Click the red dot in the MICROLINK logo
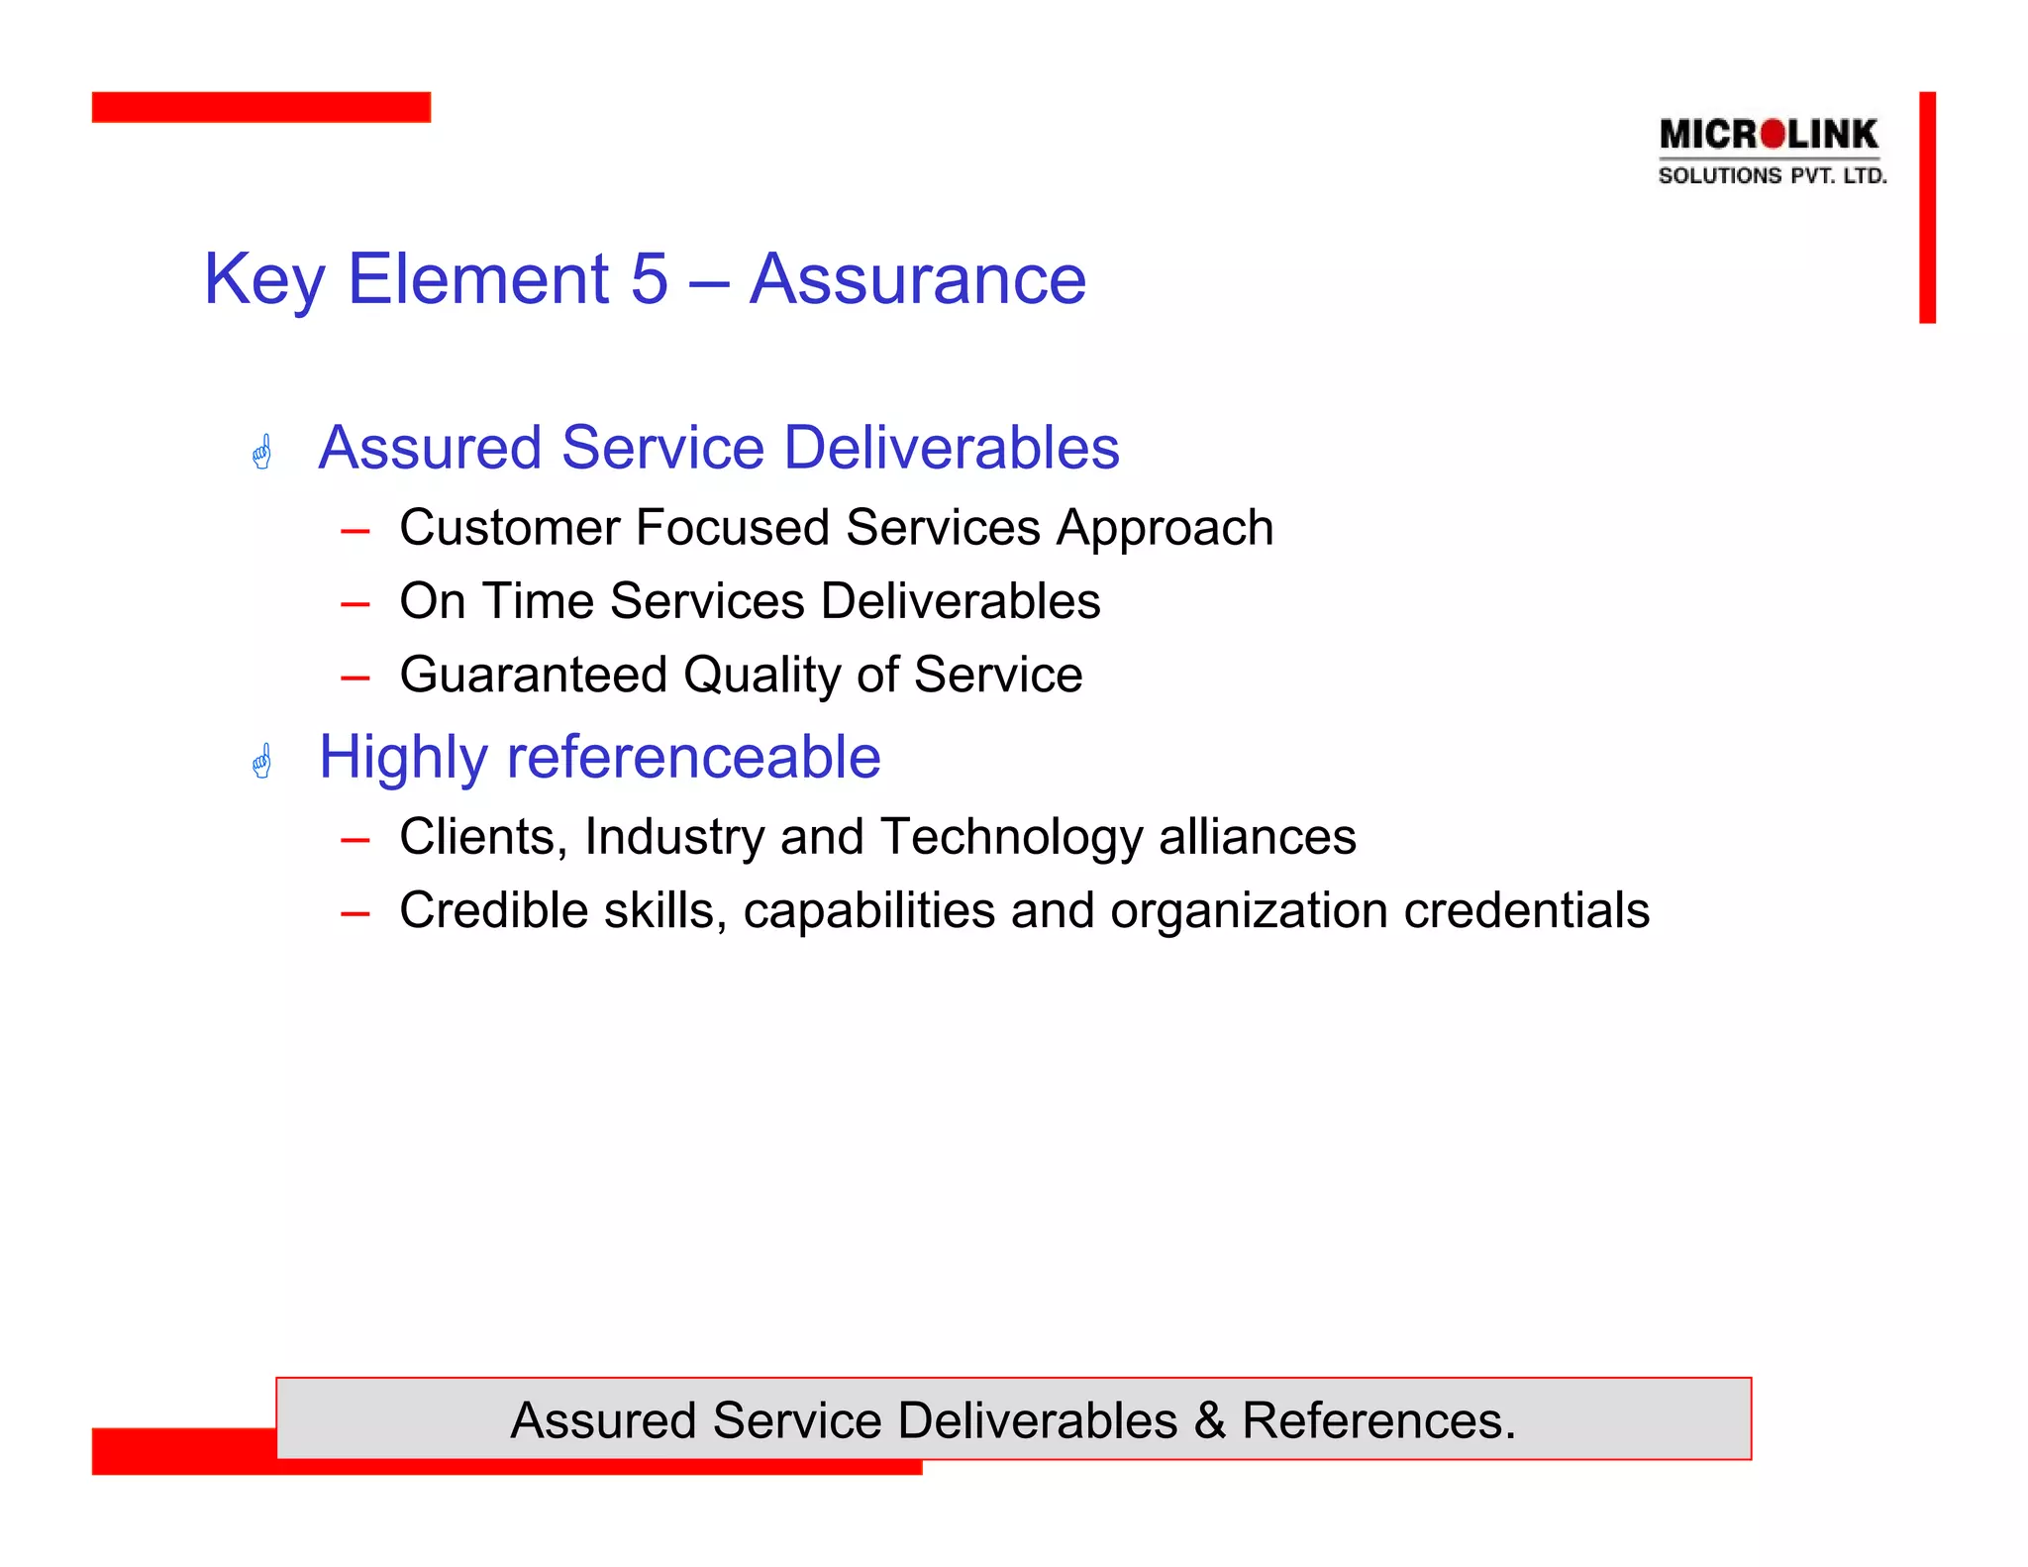click(x=1774, y=134)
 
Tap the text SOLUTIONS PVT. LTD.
click(x=1772, y=176)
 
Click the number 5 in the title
click(x=650, y=279)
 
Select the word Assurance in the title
click(x=917, y=279)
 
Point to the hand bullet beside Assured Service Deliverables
click(x=262, y=452)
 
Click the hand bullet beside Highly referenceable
click(x=262, y=761)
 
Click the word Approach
click(x=1165, y=529)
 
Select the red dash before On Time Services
click(x=355, y=603)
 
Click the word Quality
click(x=761, y=677)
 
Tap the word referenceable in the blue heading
click(x=693, y=758)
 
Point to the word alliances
click(x=1257, y=837)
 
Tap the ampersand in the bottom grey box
click(x=1209, y=1420)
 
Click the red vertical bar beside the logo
click(x=1926, y=207)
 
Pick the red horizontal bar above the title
click(x=261, y=107)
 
